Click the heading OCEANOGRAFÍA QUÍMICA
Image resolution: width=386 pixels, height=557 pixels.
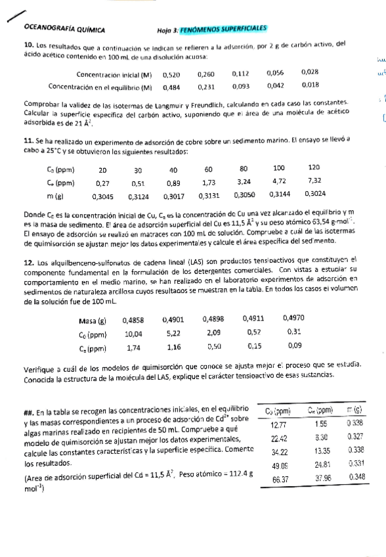click(x=64, y=29)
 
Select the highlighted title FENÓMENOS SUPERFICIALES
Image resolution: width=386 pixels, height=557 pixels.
click(x=225, y=29)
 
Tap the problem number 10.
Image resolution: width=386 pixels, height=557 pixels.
click(x=28, y=45)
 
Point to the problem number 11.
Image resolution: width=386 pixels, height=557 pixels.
click(x=28, y=141)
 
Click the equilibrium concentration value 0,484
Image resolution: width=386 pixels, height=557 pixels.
click(x=171, y=86)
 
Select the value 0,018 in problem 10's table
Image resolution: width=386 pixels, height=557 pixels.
click(x=311, y=85)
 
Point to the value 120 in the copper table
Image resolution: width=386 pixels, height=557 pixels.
click(x=314, y=168)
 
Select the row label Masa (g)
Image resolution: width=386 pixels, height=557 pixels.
click(x=92, y=321)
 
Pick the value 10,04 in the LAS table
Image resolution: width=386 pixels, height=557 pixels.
click(x=134, y=334)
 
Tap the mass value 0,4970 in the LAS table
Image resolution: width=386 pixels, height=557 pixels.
click(x=293, y=319)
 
